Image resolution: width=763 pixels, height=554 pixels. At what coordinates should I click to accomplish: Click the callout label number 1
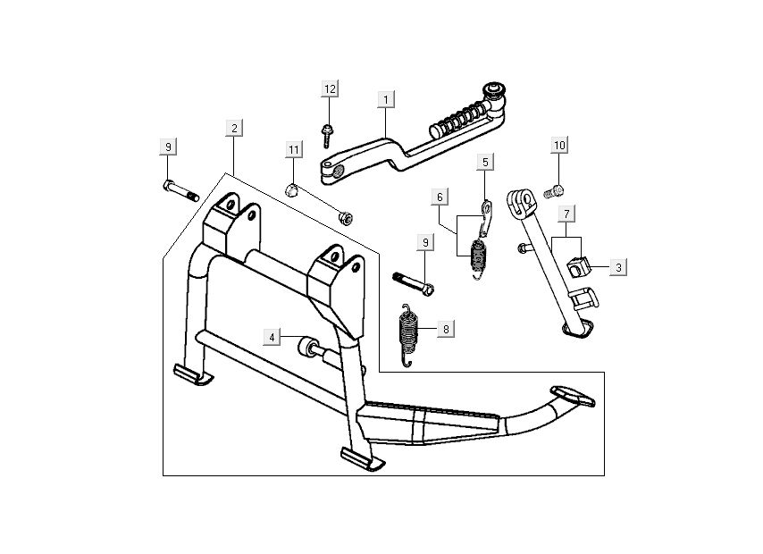pos(385,97)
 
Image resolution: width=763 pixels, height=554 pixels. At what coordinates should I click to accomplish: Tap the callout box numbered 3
pos(619,267)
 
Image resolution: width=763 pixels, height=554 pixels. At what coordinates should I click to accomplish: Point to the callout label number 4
pos(272,337)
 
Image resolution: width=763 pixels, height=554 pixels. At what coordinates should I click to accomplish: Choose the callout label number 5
pos(485,162)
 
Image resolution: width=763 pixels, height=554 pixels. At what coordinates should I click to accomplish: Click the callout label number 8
pos(446,329)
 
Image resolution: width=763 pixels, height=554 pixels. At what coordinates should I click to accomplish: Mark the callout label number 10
pos(559,145)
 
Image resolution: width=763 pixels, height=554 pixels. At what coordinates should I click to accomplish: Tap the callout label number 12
pos(330,88)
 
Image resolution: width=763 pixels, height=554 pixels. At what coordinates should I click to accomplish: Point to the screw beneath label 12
pos(327,135)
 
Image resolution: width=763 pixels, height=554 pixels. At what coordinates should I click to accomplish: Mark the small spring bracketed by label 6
pos(482,257)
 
